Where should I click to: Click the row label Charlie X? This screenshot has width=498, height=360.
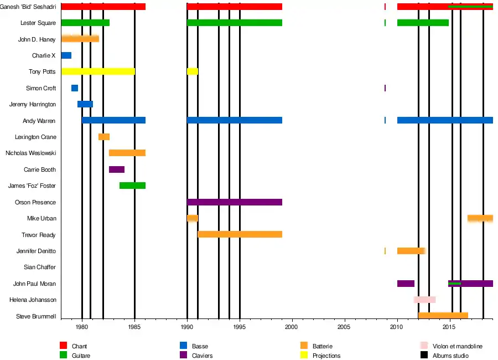click(x=44, y=55)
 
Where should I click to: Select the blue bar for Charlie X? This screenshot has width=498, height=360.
click(x=66, y=55)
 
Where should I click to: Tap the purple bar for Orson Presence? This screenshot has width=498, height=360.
click(x=235, y=202)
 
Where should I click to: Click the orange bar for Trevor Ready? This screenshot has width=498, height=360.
click(x=240, y=235)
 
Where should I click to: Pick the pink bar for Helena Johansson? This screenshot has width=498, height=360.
click(x=424, y=300)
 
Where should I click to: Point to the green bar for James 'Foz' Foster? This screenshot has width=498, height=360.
click(x=132, y=186)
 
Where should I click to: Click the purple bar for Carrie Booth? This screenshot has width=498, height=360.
click(x=117, y=169)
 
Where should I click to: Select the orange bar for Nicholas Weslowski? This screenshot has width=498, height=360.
click(x=127, y=153)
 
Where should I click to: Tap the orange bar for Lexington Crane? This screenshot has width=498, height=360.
click(x=104, y=137)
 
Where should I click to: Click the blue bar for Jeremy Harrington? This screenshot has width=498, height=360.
click(x=85, y=104)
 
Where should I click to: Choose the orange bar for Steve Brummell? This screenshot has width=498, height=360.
click(x=443, y=316)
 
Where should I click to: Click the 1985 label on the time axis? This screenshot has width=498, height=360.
click(x=134, y=327)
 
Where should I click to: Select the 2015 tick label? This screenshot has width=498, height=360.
click(x=450, y=327)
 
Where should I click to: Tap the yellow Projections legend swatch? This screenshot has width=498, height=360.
click(x=304, y=356)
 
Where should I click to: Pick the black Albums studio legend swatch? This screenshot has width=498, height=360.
click(x=424, y=356)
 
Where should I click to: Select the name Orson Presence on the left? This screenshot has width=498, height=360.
click(x=35, y=202)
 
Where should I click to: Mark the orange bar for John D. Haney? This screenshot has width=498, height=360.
click(x=80, y=39)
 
